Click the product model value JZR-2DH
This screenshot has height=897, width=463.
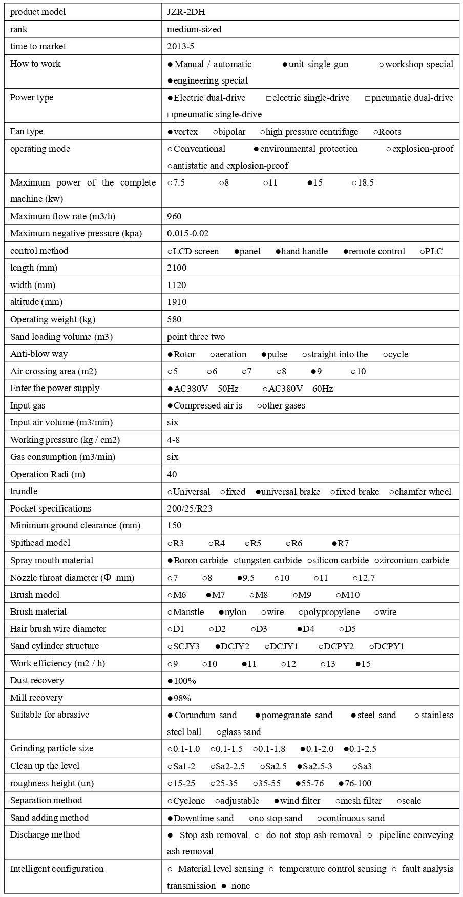click(x=186, y=12)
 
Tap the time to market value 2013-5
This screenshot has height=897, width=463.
click(x=180, y=47)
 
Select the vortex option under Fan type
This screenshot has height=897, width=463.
click(x=183, y=132)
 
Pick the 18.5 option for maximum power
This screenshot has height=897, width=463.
click(x=363, y=183)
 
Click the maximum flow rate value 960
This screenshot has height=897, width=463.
click(x=174, y=217)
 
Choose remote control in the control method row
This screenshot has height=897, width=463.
click(x=374, y=252)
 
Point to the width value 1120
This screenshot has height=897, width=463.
click(x=177, y=286)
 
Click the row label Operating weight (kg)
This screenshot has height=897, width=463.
click(x=53, y=320)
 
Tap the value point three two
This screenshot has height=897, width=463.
click(x=196, y=337)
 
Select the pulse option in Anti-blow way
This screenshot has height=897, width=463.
click(x=274, y=355)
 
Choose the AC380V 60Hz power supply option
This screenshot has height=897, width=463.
click(x=298, y=389)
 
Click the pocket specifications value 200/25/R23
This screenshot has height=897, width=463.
click(x=190, y=509)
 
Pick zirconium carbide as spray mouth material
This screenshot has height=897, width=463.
click(x=412, y=561)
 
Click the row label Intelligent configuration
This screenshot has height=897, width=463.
click(x=57, y=869)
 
